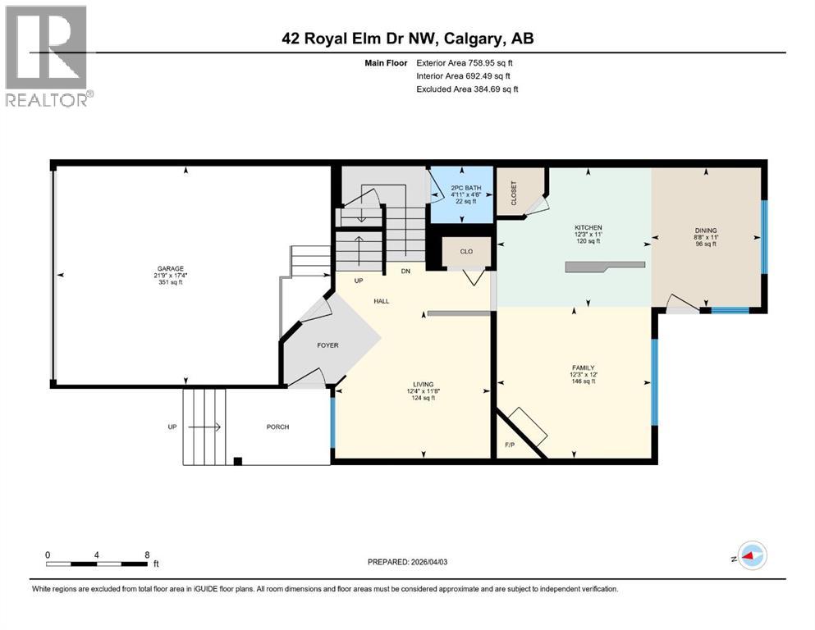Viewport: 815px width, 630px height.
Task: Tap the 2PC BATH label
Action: point(463,188)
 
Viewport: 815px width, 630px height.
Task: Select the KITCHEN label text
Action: point(588,227)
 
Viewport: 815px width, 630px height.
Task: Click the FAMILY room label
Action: point(584,367)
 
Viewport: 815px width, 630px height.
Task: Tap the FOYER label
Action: point(328,345)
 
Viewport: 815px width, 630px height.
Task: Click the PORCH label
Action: point(277,427)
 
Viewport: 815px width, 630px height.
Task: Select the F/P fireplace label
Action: point(509,445)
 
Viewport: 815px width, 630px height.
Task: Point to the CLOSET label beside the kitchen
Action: point(514,193)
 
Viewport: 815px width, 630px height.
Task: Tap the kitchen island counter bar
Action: point(604,266)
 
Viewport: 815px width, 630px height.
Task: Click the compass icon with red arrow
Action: point(751,555)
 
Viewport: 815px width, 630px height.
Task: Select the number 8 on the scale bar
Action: point(146,555)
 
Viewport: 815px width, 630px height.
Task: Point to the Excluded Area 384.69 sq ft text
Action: point(467,89)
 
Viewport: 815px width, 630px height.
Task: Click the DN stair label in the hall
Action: point(405,271)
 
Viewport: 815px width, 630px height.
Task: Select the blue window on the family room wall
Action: point(654,382)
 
